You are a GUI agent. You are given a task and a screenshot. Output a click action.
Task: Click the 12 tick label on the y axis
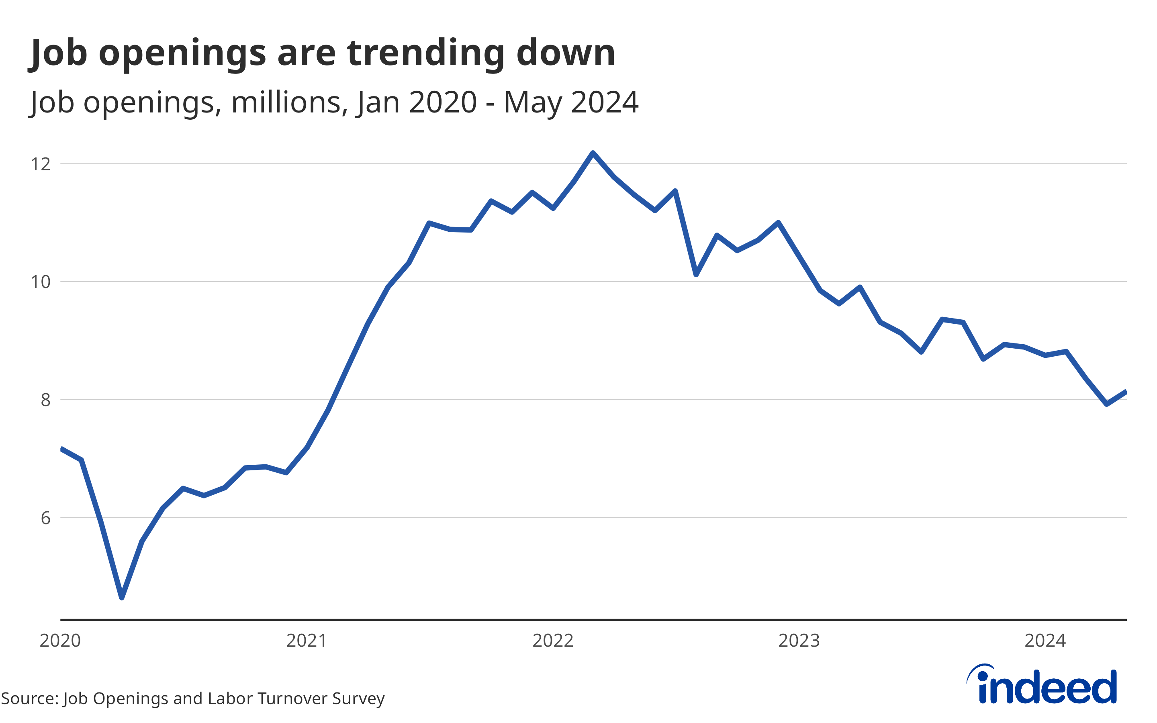pos(41,164)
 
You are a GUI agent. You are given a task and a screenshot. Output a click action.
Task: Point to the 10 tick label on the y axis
pos(41,282)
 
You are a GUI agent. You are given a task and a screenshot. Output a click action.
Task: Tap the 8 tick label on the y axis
pos(45,400)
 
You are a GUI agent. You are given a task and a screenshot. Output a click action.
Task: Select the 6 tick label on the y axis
pos(45,518)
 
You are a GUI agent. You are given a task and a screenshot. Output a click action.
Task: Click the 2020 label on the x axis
pos(60,641)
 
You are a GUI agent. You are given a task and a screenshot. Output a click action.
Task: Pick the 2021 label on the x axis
pos(307,641)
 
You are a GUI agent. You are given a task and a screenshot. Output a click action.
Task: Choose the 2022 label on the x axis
pos(553,641)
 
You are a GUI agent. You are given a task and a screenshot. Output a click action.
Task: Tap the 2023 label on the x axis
pos(799,641)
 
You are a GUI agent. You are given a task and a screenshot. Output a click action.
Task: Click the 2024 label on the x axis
pos(1045,641)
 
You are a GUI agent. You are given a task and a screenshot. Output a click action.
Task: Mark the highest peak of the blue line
pos(593,153)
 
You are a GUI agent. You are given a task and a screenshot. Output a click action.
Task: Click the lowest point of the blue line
pos(122,597)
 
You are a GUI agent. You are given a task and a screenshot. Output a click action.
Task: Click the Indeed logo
pos(1042,685)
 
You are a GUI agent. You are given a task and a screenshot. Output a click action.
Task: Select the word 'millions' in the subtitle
pos(289,102)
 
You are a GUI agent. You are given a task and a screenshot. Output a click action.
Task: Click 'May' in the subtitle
pos(533,103)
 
